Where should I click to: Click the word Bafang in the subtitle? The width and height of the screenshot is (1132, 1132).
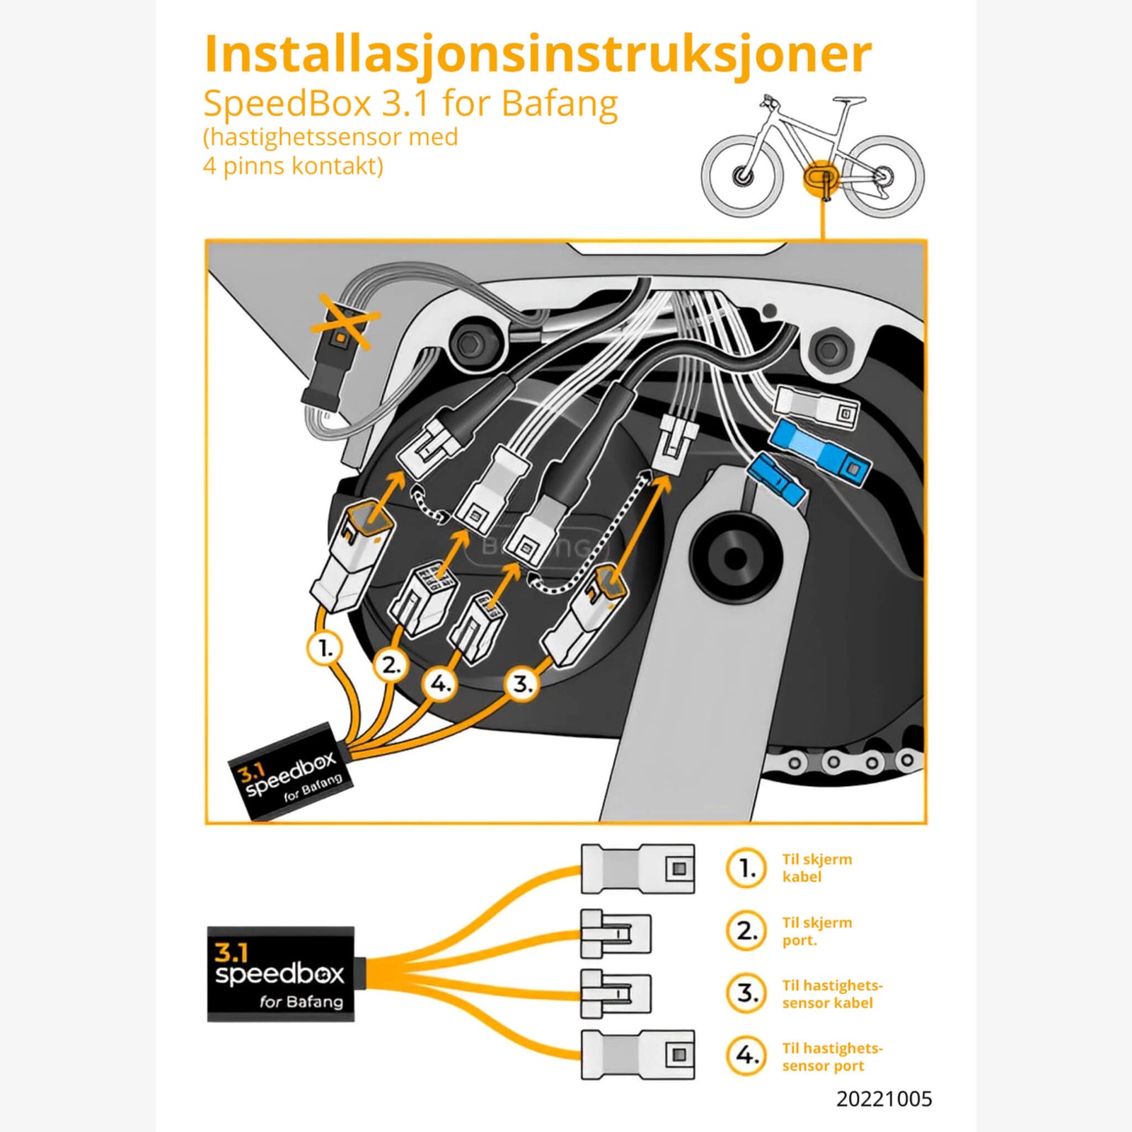click(x=560, y=104)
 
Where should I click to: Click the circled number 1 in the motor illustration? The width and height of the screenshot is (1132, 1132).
click(x=325, y=647)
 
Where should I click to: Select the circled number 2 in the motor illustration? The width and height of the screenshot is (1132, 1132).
click(x=391, y=665)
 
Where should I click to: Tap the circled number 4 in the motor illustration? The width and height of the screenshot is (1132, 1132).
click(x=441, y=684)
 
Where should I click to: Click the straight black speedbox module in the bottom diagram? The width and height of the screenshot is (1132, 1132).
click(x=281, y=974)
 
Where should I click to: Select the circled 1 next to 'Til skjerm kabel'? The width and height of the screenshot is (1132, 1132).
click(x=746, y=868)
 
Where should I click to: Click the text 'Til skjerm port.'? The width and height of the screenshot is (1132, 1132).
click(x=816, y=931)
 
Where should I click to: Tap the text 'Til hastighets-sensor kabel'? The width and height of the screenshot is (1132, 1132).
click(x=832, y=994)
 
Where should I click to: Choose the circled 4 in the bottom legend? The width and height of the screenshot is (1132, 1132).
click(x=746, y=1056)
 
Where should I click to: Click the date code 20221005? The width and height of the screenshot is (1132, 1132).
click(x=884, y=1099)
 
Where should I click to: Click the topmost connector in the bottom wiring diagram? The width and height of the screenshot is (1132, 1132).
click(x=637, y=868)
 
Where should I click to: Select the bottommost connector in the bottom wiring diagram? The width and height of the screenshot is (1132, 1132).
click(x=637, y=1054)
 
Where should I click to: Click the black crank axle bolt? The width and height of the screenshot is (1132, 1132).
click(x=736, y=558)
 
